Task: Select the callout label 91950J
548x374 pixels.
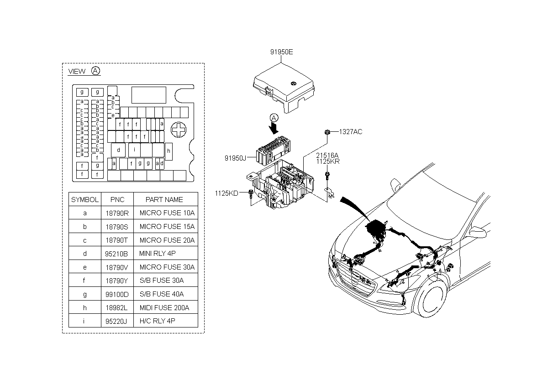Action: (x=235, y=158)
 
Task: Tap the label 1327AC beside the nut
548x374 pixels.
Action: (x=350, y=132)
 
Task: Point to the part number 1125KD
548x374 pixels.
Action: (x=227, y=193)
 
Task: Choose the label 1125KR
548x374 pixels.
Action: (x=327, y=161)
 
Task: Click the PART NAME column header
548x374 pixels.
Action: (x=164, y=199)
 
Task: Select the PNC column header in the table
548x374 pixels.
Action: (x=117, y=199)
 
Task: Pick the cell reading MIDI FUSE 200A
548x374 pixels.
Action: (x=164, y=308)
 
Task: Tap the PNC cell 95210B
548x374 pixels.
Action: (x=117, y=254)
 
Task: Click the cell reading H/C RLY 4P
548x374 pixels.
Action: (x=157, y=321)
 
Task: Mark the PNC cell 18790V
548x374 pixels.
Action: (x=117, y=267)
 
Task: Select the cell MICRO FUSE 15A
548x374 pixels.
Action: (x=167, y=227)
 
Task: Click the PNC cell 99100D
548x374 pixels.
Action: (x=117, y=294)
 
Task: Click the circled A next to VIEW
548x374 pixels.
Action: (x=95, y=71)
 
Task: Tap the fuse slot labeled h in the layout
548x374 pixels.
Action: (x=169, y=151)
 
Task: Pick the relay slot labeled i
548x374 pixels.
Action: (x=134, y=150)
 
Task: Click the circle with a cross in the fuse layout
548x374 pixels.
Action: (x=178, y=130)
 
